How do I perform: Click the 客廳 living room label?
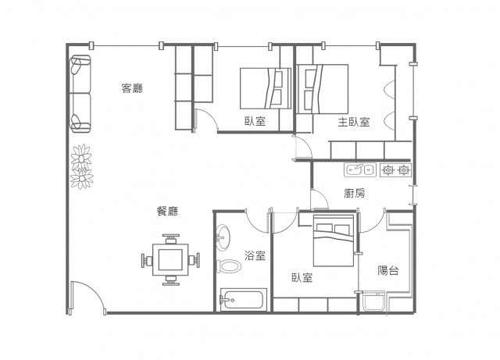tap(132, 88)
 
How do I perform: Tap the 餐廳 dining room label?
tap(167, 211)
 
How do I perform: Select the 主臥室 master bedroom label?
tap(354, 122)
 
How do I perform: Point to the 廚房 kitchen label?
tap(354, 193)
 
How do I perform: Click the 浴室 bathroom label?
tap(255, 255)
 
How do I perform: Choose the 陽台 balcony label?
tap(388, 270)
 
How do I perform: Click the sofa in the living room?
tap(80, 94)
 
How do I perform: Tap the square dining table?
tap(170, 259)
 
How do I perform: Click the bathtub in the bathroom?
tap(243, 300)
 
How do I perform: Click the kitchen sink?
tap(360, 169)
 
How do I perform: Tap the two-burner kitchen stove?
tap(395, 170)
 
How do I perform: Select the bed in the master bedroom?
tap(323, 89)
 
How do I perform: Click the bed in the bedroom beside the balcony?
tap(334, 241)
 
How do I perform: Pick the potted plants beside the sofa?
tap(82, 166)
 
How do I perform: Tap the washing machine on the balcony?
tap(373, 301)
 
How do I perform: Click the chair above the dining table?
tap(170, 238)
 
